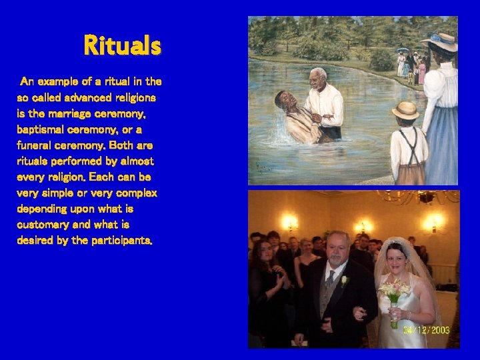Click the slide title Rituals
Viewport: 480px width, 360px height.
click(x=122, y=46)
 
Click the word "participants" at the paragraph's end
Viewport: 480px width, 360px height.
click(x=120, y=241)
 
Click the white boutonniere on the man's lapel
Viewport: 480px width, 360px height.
click(x=344, y=281)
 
